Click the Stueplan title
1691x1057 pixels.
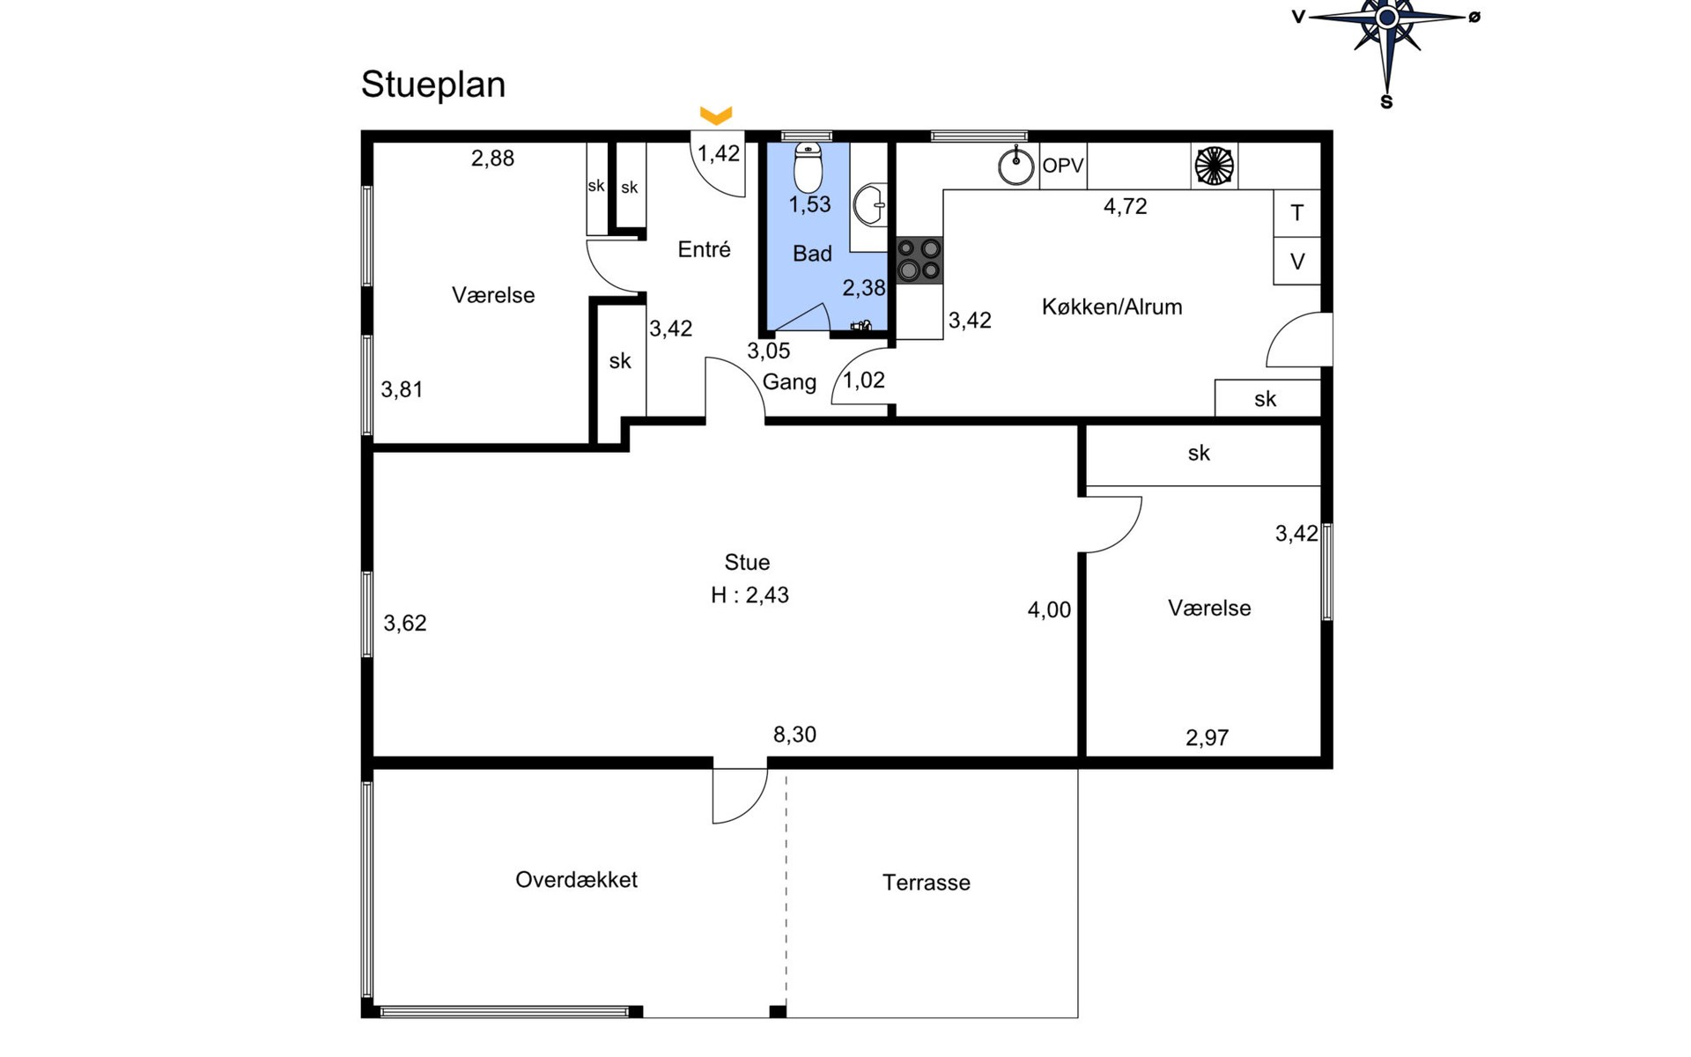433,85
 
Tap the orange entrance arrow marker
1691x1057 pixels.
716,115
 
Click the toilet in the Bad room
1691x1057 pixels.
808,167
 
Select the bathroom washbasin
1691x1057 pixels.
870,205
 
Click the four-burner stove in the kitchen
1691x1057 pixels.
919,260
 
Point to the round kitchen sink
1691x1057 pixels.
1016,166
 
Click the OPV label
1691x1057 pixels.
1063,166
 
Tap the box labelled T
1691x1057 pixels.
1296,213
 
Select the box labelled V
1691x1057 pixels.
1296,261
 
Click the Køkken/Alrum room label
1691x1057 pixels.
1111,307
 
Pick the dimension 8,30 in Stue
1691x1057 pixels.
794,735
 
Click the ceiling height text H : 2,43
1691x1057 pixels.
750,595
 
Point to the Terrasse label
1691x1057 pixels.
927,883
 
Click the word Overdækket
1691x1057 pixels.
576,880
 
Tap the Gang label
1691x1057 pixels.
789,382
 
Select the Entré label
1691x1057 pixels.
705,249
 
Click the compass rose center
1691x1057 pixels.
1387,17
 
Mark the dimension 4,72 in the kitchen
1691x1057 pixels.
1126,207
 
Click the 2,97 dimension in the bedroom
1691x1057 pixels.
1207,738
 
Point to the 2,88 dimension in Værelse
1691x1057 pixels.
492,159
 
